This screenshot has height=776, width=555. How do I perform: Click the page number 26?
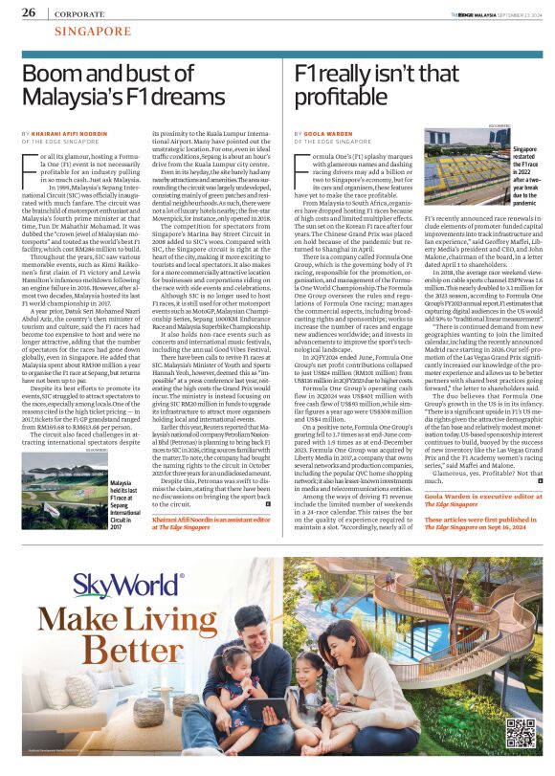click(29, 11)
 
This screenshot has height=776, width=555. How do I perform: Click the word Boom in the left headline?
click(51, 72)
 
